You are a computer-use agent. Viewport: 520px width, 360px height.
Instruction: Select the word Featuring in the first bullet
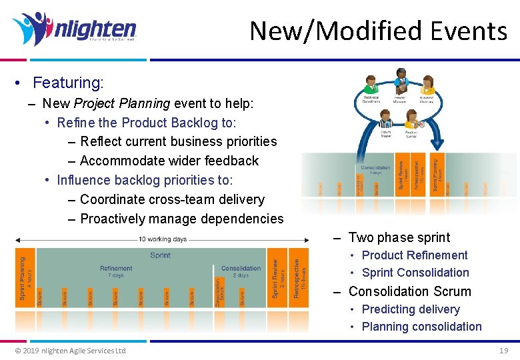point(68,83)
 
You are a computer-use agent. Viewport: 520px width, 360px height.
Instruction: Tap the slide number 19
point(503,350)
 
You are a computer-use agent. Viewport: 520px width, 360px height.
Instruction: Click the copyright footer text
point(70,351)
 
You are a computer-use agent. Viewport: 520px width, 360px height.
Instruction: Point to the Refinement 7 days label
point(116,271)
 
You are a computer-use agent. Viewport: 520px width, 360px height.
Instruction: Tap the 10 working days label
point(163,238)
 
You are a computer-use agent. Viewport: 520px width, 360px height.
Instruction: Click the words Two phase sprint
point(399,237)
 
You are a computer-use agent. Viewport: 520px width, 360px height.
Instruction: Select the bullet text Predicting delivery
point(410,309)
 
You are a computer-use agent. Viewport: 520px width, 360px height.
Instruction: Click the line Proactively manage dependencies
point(181,219)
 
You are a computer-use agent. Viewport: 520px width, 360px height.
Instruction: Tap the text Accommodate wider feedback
point(169,161)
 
